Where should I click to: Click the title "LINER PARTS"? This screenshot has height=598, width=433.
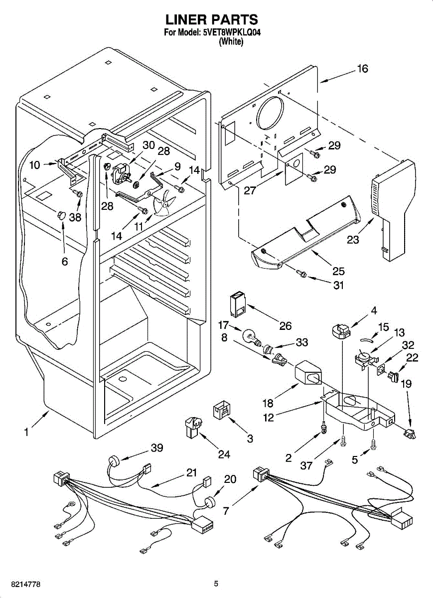(211, 19)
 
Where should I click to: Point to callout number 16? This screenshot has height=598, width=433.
(362, 69)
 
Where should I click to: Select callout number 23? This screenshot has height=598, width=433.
(353, 239)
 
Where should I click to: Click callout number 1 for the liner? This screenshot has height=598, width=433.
(25, 433)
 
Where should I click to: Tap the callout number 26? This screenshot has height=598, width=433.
(285, 326)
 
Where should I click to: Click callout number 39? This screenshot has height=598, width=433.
(157, 448)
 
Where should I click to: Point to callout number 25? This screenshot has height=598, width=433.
(338, 272)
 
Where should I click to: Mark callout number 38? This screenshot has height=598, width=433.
(75, 217)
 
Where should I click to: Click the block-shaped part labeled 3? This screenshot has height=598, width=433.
(222, 411)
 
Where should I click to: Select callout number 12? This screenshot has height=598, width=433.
(269, 417)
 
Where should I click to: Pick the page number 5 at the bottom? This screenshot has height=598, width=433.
(216, 584)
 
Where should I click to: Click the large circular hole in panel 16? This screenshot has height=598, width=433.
(270, 113)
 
